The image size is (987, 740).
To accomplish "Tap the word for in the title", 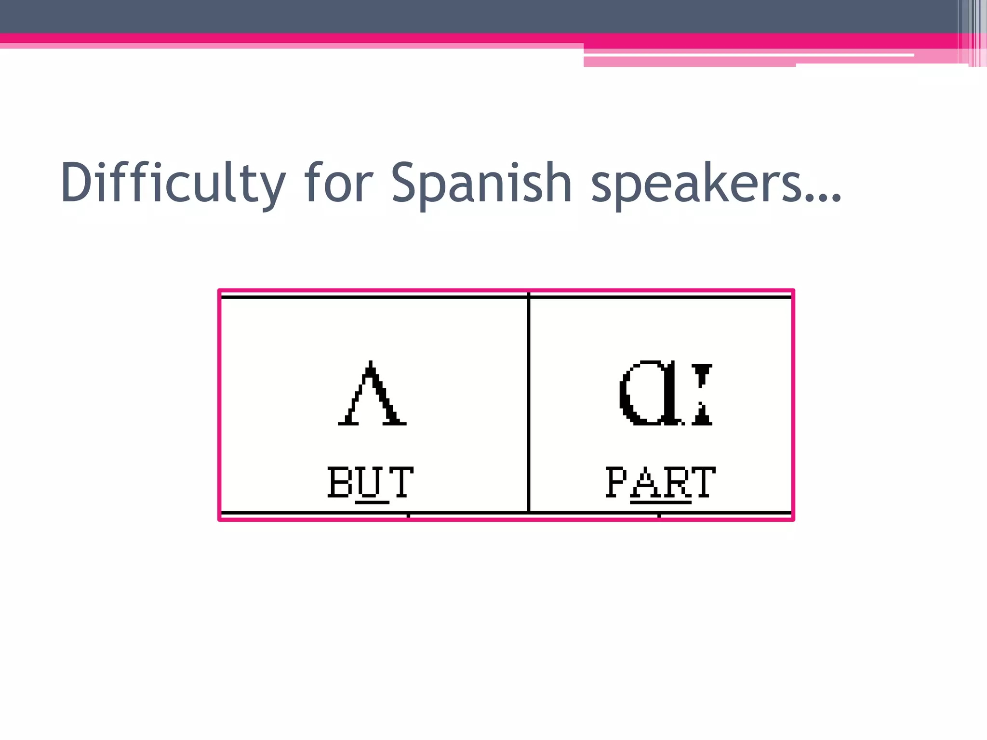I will point(338,183).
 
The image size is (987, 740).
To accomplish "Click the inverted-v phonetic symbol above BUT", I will point(372,394).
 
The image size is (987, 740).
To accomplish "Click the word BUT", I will point(370,481).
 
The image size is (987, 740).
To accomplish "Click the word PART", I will point(660,481).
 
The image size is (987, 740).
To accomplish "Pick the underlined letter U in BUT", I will point(372,482).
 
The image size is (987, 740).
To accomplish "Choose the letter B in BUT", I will point(340,481).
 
